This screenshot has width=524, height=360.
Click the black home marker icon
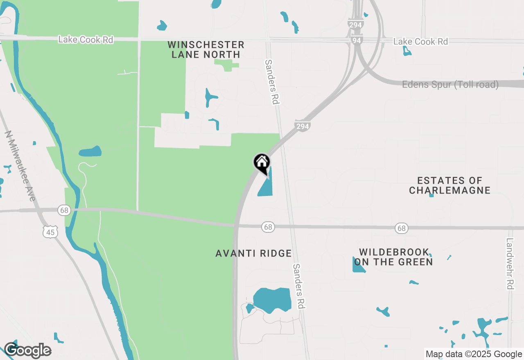[x=262, y=162]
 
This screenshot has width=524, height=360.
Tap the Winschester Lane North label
[x=206, y=49]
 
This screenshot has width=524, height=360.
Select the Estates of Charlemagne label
[x=449, y=185]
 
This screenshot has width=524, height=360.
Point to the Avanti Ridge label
[x=253, y=254]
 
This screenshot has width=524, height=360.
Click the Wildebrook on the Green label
[x=393, y=257]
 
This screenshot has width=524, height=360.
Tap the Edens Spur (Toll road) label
[x=450, y=85]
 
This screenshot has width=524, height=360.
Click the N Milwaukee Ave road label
[x=20, y=166]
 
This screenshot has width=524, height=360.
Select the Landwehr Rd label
[x=510, y=264]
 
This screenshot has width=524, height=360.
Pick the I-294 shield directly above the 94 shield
[x=355, y=25]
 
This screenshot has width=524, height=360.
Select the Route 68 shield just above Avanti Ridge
[x=268, y=227]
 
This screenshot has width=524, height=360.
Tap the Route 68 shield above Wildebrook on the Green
[x=402, y=228]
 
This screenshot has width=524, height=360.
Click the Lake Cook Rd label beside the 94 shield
[x=420, y=42]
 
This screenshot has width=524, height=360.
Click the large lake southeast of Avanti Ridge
[x=272, y=300]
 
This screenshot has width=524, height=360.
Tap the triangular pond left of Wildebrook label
[x=359, y=265]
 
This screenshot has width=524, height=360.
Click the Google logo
[x=27, y=350]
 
